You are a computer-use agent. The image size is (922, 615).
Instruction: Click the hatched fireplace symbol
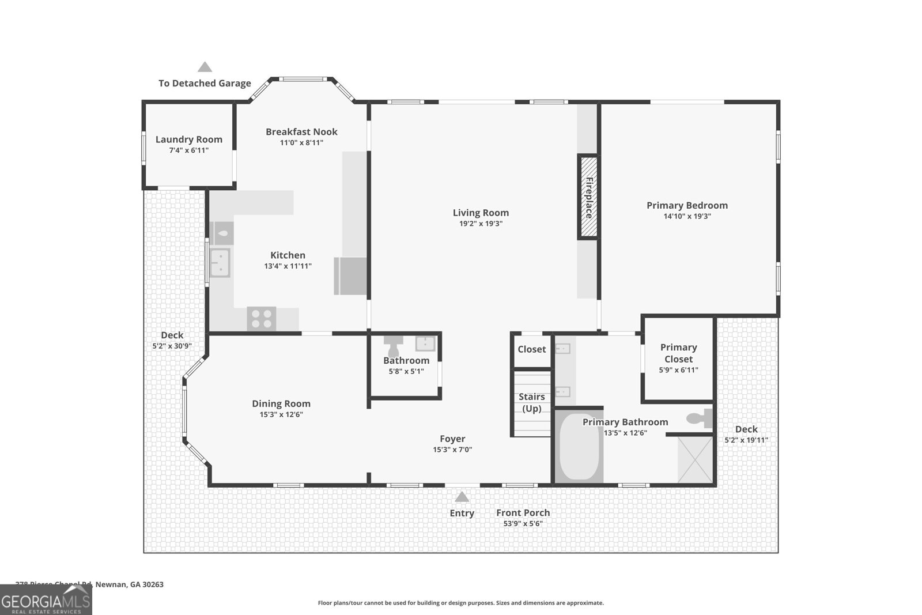click(x=588, y=197)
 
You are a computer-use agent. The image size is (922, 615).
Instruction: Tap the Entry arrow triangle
click(x=462, y=497)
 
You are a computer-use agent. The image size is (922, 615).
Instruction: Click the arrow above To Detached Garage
click(x=205, y=67)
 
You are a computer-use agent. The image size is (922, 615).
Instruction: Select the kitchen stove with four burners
click(x=262, y=319)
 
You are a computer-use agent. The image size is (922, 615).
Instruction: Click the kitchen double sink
click(x=220, y=262)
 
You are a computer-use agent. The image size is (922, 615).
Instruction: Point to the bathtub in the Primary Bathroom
click(x=579, y=446)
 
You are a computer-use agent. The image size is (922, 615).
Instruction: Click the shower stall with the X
click(x=695, y=459)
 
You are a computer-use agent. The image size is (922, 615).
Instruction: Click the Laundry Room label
click(x=188, y=139)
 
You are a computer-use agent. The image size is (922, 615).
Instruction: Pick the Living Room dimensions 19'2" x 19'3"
click(x=481, y=224)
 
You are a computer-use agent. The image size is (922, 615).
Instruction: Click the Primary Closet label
click(x=678, y=353)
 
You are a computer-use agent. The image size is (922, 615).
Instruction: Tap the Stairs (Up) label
click(x=531, y=402)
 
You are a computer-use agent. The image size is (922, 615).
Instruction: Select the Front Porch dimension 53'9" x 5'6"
click(x=523, y=523)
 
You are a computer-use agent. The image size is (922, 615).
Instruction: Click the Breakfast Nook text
click(x=301, y=132)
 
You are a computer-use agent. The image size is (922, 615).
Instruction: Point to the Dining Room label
click(x=281, y=404)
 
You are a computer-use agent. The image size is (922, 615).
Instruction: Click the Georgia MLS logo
click(x=46, y=599)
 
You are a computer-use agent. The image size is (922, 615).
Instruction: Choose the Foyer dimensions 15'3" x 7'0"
click(x=452, y=450)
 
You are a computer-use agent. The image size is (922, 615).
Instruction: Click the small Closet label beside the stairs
click(x=531, y=349)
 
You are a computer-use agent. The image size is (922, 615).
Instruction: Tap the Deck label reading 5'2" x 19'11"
click(x=746, y=440)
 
